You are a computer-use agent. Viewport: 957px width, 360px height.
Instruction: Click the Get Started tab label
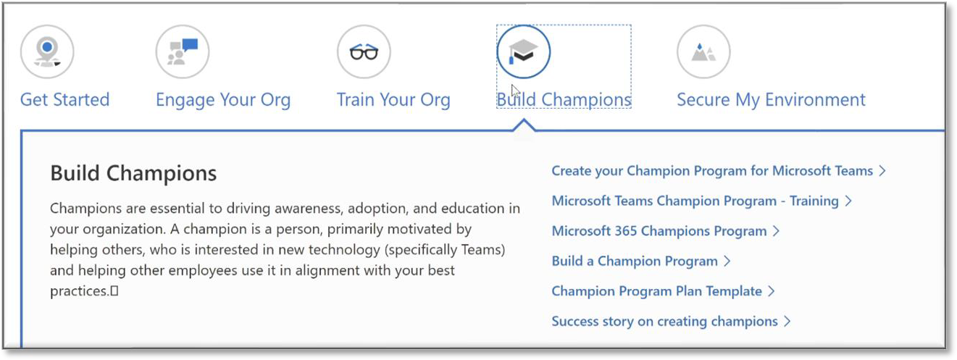65,100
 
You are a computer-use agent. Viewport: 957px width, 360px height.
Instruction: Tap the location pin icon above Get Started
47,51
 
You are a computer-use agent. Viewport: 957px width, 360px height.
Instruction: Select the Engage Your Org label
223,101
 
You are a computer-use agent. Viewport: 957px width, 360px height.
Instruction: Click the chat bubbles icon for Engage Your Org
183,51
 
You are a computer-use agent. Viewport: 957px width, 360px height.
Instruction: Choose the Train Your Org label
393,101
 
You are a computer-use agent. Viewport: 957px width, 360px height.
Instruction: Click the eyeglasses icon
364,51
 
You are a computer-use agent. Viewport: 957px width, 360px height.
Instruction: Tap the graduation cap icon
523,51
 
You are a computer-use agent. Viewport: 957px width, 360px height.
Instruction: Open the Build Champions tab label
564,100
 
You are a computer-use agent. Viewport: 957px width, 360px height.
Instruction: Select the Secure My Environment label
771,101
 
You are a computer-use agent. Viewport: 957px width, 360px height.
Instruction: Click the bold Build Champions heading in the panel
133,174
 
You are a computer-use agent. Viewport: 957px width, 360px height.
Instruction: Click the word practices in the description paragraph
79,291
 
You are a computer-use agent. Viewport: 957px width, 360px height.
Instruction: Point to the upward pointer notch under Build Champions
524,125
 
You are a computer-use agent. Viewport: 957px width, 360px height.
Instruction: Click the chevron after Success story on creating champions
787,321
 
